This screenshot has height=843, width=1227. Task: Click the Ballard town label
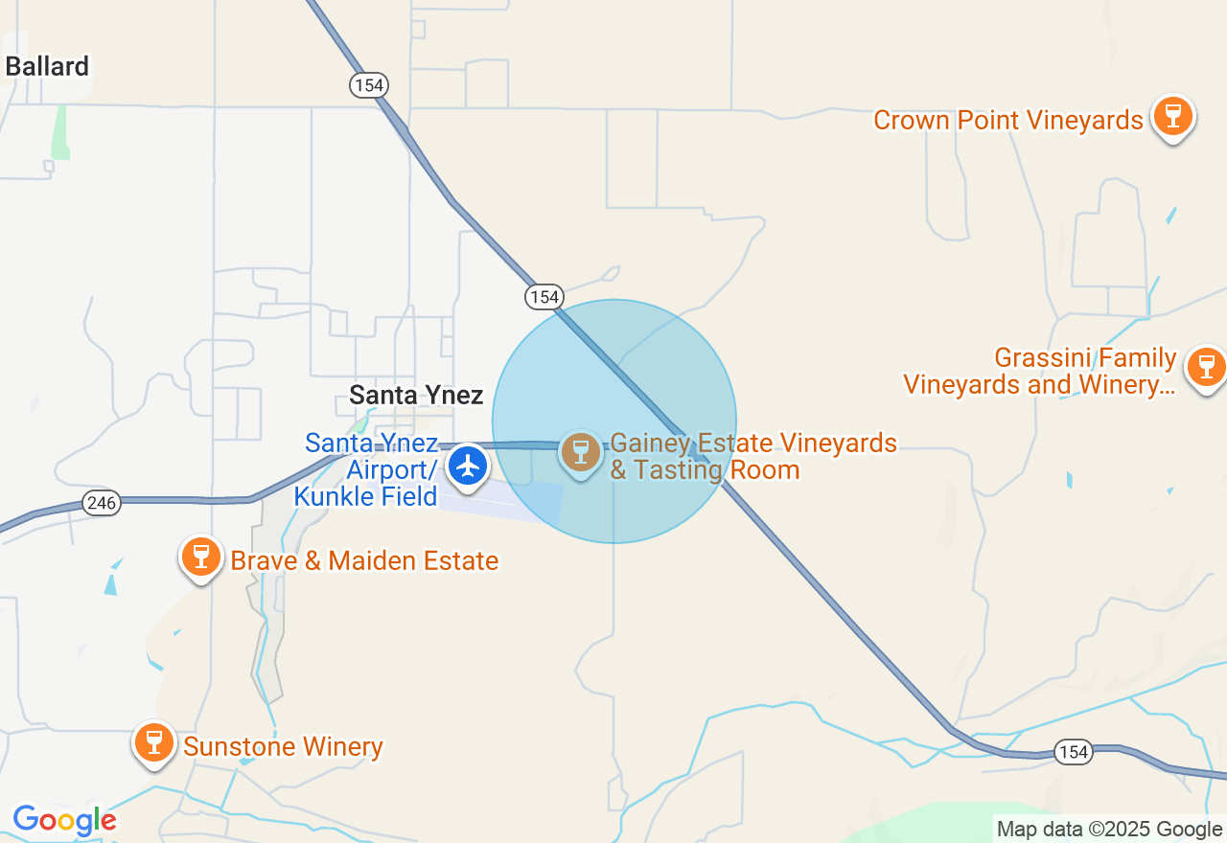click(47, 66)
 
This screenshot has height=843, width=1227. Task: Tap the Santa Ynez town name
click(416, 395)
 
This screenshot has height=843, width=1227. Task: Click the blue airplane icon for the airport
click(468, 466)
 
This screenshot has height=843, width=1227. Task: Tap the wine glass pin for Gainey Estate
click(580, 452)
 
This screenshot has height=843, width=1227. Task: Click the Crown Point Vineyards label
click(1008, 121)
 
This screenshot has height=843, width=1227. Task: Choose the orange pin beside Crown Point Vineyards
click(1172, 116)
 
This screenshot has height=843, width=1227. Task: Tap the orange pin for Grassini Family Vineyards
click(1206, 367)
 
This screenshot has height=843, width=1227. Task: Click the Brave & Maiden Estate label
click(364, 560)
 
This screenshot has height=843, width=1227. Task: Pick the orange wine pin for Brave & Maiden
click(201, 557)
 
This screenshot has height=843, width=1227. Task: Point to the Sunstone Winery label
click(283, 747)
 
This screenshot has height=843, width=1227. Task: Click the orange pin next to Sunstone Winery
click(153, 742)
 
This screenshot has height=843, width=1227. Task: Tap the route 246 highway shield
click(101, 502)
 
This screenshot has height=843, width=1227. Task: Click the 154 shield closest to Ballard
click(367, 85)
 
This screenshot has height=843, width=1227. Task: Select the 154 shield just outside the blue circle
click(544, 297)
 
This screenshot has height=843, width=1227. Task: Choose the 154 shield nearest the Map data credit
click(1074, 752)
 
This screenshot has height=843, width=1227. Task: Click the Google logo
click(64, 821)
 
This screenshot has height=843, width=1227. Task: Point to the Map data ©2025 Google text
click(1109, 829)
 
